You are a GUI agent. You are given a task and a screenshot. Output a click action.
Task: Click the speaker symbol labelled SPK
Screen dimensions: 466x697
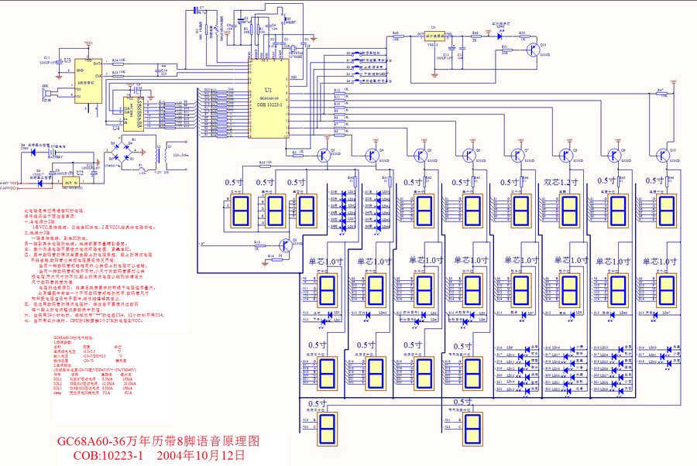[x=46, y=93]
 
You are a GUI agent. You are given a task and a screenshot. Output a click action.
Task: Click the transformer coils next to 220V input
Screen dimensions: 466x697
[x=161, y=153]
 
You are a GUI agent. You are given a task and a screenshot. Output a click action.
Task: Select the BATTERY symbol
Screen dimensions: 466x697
[x=57, y=156]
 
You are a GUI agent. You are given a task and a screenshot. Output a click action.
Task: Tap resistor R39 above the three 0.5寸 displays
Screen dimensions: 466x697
[x=265, y=163]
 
